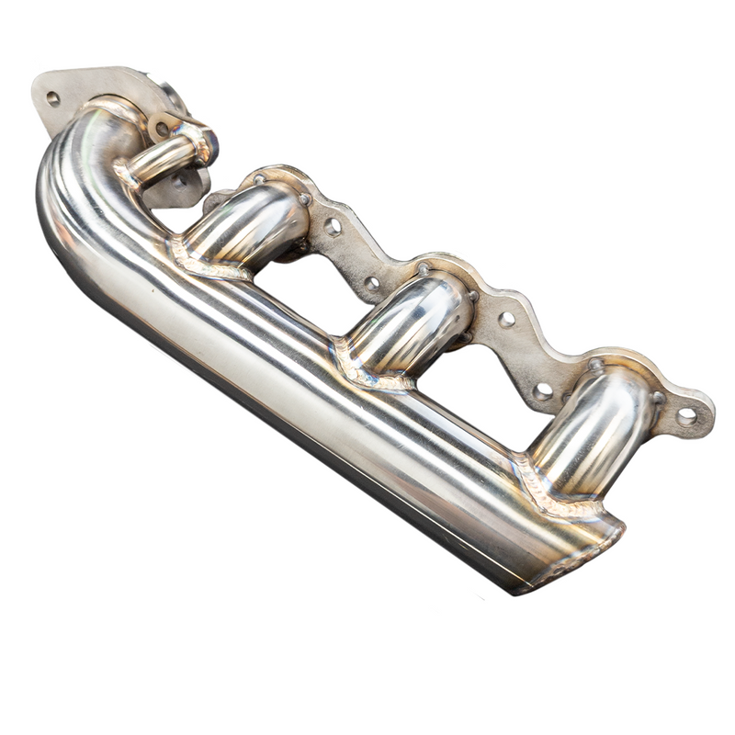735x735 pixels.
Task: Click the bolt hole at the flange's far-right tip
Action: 686,416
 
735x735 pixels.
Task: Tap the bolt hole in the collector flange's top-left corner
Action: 52,98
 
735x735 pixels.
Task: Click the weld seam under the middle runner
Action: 363,367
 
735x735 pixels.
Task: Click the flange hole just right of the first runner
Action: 333,225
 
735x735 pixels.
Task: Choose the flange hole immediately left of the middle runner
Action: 372,283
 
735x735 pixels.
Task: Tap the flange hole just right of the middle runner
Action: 506,319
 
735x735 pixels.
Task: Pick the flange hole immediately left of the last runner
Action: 543,390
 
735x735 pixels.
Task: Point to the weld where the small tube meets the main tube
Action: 126,175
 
